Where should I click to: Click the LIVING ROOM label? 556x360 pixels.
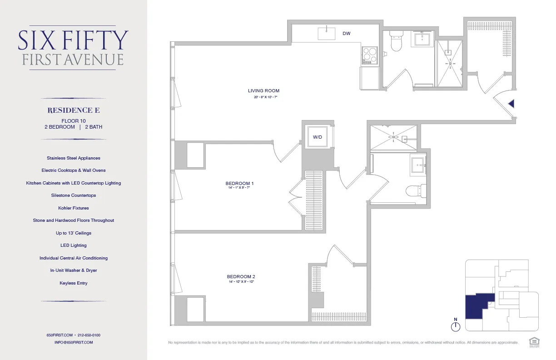263,90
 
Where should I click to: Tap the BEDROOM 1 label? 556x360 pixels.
239,183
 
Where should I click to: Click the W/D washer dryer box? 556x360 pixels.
317,137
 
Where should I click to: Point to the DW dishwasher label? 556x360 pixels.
346,34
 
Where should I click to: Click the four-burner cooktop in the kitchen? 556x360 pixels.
369,55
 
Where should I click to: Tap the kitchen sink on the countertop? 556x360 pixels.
326,34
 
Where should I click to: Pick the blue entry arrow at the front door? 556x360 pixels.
511,104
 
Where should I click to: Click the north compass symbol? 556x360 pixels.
456,326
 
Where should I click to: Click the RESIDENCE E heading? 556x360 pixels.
74,110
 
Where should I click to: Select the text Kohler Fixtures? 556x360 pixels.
74,208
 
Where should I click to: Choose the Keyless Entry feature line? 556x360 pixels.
74,283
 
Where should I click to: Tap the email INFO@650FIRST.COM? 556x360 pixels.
74,342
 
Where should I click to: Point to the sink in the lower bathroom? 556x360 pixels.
418,165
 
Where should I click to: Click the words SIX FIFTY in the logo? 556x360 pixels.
73,41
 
